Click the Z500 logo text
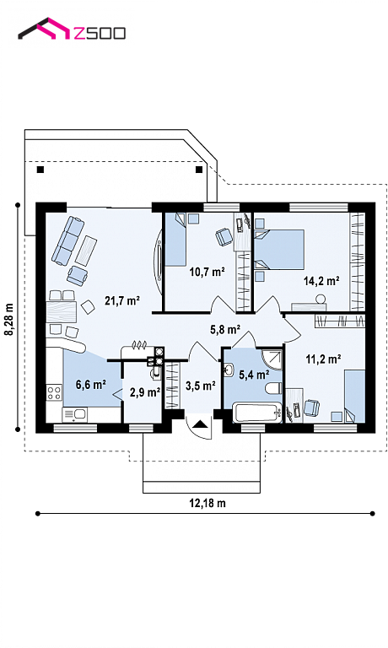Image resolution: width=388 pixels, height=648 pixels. coord(99,33)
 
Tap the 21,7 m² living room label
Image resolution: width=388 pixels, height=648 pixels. coord(122,300)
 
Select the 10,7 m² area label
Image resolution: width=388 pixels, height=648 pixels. coord(207,272)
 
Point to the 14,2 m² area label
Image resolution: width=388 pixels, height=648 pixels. coord(321,281)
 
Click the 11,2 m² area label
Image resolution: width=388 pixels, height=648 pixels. coord(323,359)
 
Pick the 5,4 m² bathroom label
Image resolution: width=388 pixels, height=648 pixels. coord(254,375)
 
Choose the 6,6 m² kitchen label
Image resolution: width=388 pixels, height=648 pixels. coord(90,385)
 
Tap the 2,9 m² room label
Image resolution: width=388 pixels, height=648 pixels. coord(145,391)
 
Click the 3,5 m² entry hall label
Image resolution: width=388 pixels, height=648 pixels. coord(201,386)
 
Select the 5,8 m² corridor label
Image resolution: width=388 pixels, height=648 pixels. coord(225,329)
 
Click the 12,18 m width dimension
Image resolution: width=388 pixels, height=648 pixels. coord(207,503)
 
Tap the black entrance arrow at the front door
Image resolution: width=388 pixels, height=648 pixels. coord(201,424)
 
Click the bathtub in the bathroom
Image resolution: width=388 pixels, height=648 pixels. coord(257,413)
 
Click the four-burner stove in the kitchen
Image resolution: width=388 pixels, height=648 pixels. coord(54,392)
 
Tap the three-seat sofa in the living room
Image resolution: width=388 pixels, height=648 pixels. coord(67,240)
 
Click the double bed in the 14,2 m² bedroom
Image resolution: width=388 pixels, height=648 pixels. coord(279,250)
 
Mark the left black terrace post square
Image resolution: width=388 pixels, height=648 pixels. coord(40,170)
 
